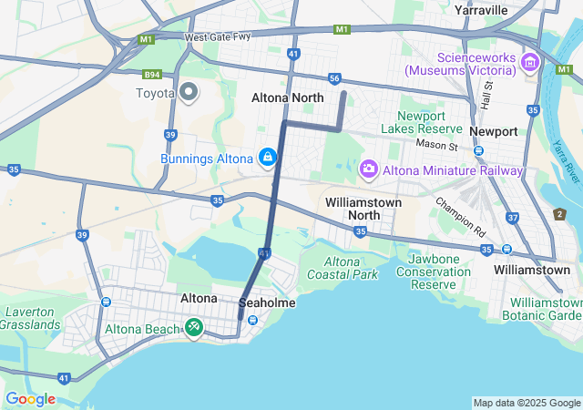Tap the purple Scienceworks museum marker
coord(530,63)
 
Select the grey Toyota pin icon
coord(189,92)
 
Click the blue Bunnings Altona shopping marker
coord(267,159)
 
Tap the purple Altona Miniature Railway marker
coord(369,169)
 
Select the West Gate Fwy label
coord(216,38)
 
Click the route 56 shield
coord(334,78)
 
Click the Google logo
coord(30,399)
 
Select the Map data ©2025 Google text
coord(527,403)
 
